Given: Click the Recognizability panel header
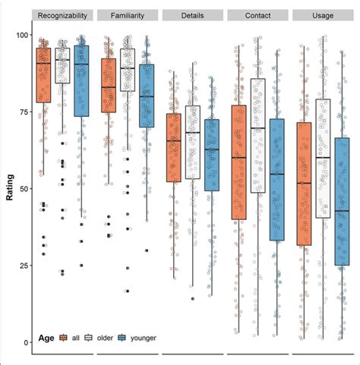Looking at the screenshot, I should tap(64, 15).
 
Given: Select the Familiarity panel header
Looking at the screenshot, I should tap(128, 15).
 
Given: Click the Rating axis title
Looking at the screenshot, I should tap(8, 188).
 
